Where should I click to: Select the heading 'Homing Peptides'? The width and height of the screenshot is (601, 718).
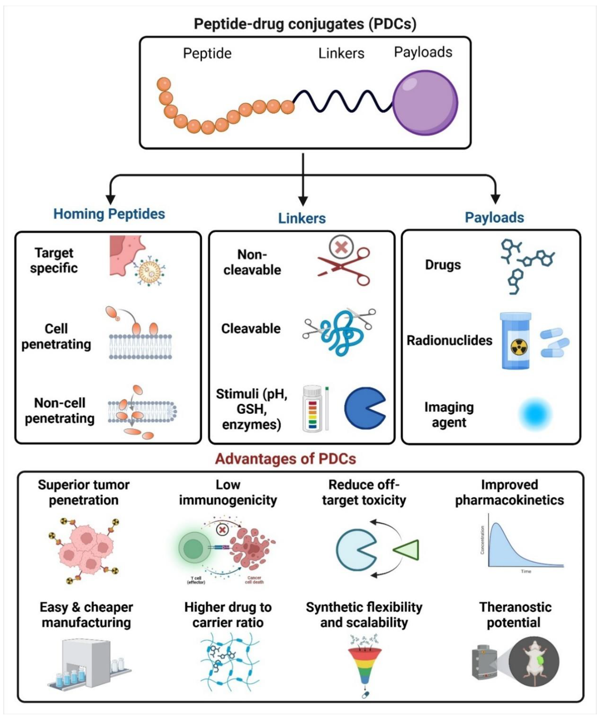[109, 214]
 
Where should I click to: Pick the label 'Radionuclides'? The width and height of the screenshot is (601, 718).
[449, 341]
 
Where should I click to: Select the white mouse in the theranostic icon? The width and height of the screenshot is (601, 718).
[533, 662]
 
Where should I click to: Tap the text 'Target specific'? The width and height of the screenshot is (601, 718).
[54, 260]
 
